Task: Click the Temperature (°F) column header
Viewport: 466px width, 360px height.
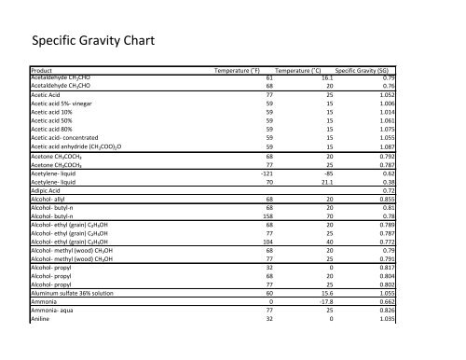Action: pos(242,70)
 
